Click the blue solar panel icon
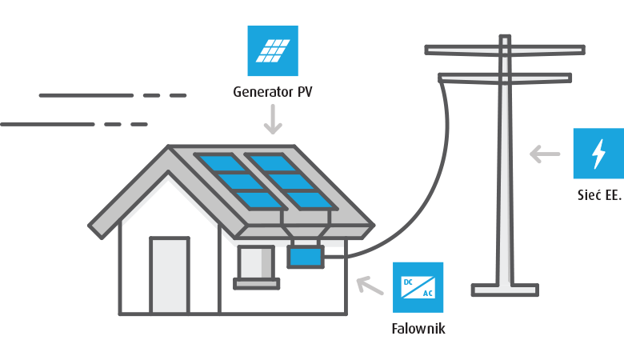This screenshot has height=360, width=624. (273, 50)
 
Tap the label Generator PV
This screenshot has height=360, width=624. (273, 92)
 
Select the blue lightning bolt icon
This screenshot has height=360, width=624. (598, 153)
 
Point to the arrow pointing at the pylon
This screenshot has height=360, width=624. (546, 154)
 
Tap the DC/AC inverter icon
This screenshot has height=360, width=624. (418, 287)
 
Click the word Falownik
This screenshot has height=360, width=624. (418, 328)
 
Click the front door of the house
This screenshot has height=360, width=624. (170, 275)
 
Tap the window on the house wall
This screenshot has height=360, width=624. (256, 262)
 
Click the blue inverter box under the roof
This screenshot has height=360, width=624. (305, 257)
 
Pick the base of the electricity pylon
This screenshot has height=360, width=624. (504, 290)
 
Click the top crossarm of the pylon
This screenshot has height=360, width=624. (504, 50)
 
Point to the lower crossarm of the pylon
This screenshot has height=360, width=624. (504, 78)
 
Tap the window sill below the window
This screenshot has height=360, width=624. (256, 283)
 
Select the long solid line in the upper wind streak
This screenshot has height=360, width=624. (86, 95)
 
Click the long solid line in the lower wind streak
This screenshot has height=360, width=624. (48, 124)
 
